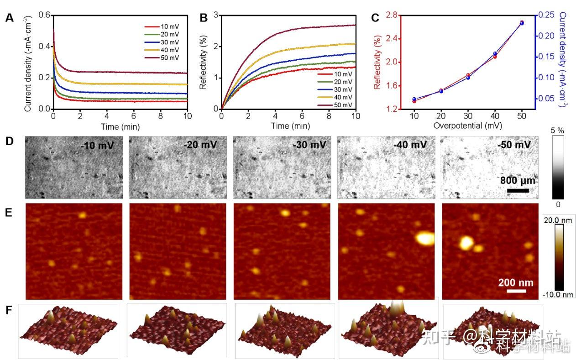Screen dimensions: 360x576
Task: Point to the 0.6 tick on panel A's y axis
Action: pos(44,15)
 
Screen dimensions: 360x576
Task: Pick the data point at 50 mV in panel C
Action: pos(522,23)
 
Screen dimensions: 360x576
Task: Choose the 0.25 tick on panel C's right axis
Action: pos(544,15)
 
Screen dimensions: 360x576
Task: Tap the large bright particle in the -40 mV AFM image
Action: pos(424,238)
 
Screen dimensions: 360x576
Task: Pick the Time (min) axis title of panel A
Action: pos(120,126)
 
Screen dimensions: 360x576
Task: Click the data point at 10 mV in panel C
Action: pos(414,99)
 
